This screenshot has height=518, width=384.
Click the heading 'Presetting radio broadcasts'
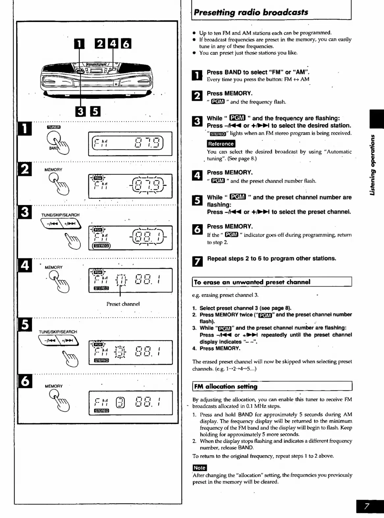coord(251,13)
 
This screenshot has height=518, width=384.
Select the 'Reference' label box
coord(221,144)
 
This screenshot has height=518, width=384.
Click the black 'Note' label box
coord(200,468)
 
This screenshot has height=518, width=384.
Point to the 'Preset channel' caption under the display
coord(123,304)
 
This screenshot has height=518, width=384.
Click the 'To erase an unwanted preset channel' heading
coord(252,282)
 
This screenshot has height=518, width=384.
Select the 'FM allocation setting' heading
coord(226,386)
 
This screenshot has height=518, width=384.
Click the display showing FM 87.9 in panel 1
coord(130,143)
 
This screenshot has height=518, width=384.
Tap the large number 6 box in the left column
coord(25,381)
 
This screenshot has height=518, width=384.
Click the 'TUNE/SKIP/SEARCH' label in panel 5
coord(58,332)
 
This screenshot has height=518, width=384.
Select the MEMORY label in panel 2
coord(53,170)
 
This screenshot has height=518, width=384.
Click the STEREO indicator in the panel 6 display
coord(101,411)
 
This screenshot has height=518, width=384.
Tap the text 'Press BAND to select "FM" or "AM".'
coord(258,72)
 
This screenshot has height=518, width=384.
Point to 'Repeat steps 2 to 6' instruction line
coord(271,259)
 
